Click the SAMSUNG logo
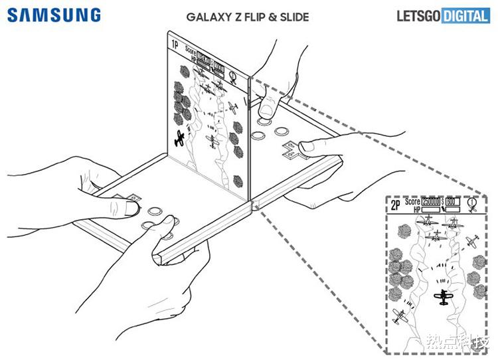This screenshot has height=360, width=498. coord(54,15)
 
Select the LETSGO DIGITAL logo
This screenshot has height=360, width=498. coord(443,15)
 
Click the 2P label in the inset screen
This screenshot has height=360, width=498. coord(396,205)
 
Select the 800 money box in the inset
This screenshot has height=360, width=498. coord(454,201)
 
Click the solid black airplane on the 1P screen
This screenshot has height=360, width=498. coord(179,137)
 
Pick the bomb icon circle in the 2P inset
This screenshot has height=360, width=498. coord(473,203)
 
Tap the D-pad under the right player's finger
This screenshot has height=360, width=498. coord(293,151)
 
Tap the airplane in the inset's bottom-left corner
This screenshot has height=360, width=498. coord(400,316)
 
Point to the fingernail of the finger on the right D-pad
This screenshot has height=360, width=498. coord(306,145)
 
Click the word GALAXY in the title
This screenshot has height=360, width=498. coord(206,16)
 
